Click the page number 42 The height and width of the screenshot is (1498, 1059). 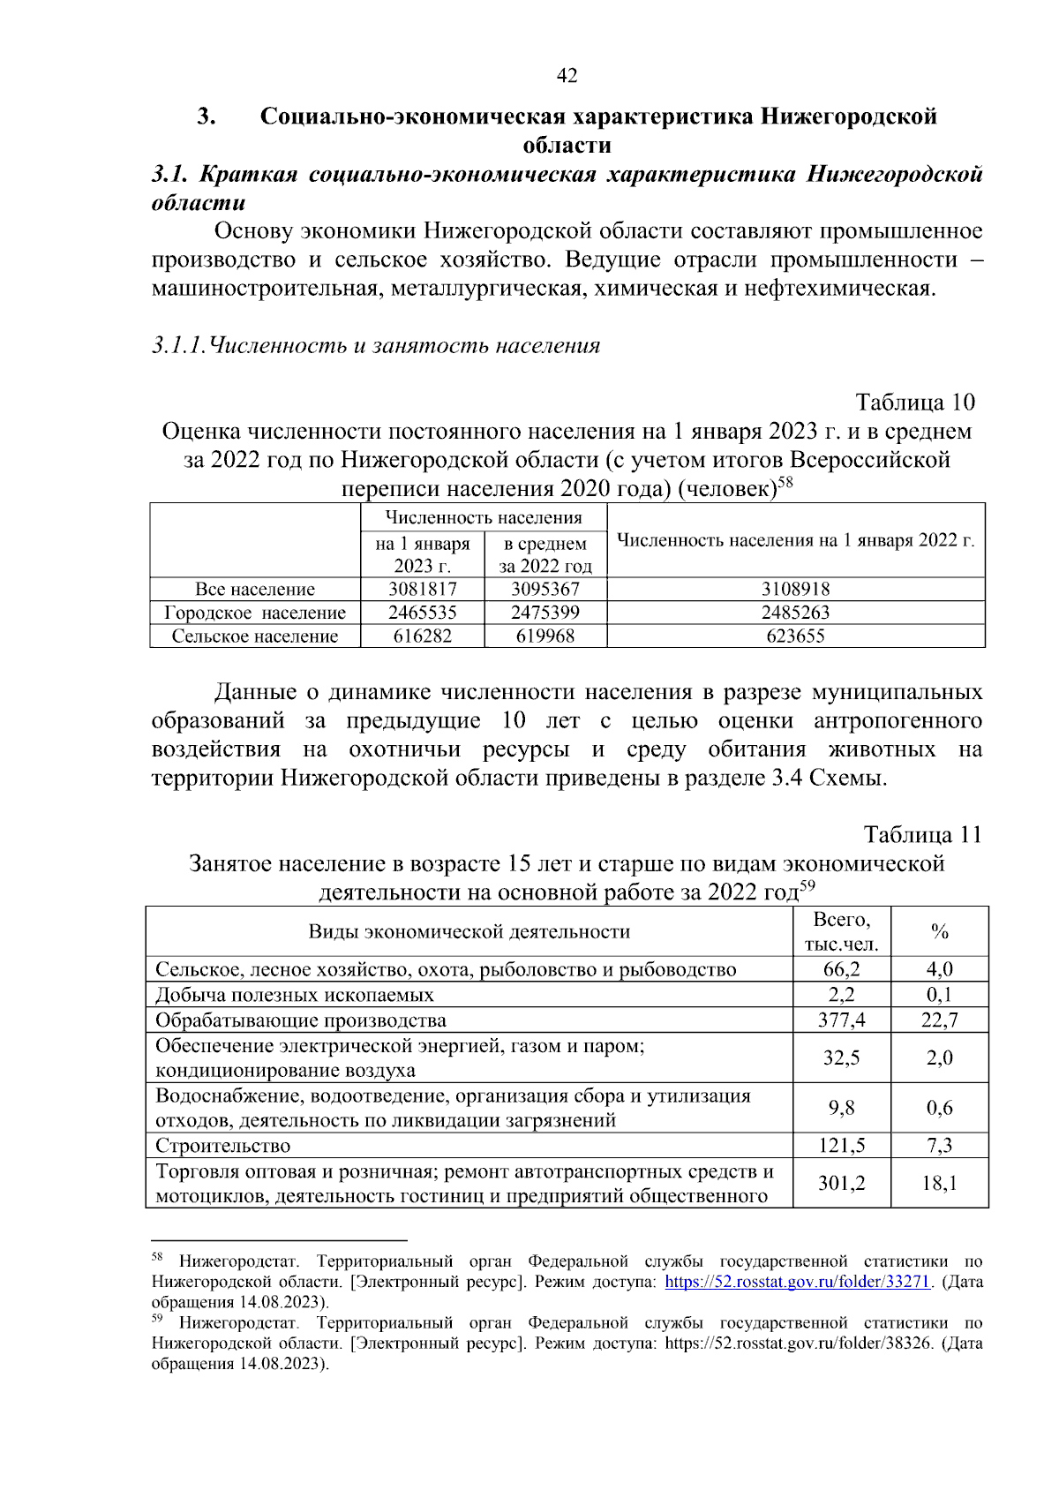pos(567,76)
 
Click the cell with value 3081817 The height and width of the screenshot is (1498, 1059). pos(423,590)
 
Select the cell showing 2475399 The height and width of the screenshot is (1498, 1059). pos(545,613)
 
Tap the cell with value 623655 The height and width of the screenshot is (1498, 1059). pos(795,636)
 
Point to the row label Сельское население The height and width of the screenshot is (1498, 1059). pos(255,636)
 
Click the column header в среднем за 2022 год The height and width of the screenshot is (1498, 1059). pos(545,555)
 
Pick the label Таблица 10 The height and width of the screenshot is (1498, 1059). pos(915,403)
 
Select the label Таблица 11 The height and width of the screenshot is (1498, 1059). pos(922,835)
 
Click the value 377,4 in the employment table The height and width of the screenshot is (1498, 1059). pos(841,1020)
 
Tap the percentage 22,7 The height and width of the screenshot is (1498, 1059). pos(939,1020)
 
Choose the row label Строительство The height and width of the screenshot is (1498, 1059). pos(223,1146)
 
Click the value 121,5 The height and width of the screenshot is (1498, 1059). pos(841,1146)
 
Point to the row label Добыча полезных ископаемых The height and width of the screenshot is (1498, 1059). pos(295,995)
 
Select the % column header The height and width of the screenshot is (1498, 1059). pos(939,932)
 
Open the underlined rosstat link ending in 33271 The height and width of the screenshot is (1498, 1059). pos(798,1282)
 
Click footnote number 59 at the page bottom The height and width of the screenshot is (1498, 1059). pos(157,1318)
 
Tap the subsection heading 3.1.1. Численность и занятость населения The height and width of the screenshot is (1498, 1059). pos(376,345)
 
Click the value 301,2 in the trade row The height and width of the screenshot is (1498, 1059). pos(841,1184)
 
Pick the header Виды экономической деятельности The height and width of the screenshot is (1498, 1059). pos(469,932)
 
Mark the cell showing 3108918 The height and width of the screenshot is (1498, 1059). pos(795,590)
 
